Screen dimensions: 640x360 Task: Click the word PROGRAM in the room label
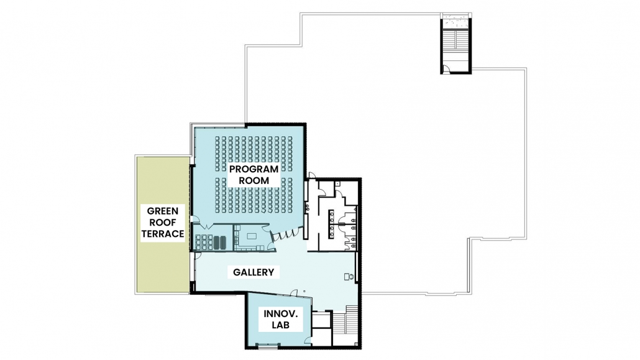pyautogui.click(x=254, y=169)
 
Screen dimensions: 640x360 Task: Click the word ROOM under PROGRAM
pyautogui.click(x=254, y=180)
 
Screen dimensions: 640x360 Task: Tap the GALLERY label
pyautogui.click(x=254, y=272)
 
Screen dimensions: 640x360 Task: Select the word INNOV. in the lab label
pyautogui.click(x=280, y=314)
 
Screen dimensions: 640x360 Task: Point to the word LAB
pyautogui.click(x=280, y=325)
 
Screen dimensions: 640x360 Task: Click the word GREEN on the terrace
pyautogui.click(x=162, y=211)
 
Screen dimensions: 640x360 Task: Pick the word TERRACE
pyautogui.click(x=162, y=234)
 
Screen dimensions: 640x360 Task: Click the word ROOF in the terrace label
pyautogui.click(x=162, y=223)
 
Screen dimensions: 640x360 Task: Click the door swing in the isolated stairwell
pyautogui.click(x=447, y=68)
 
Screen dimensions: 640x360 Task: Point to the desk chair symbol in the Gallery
pyautogui.click(x=349, y=277)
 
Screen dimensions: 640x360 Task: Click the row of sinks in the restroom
pyautogui.click(x=331, y=224)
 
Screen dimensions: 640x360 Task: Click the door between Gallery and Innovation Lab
pyautogui.click(x=293, y=293)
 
